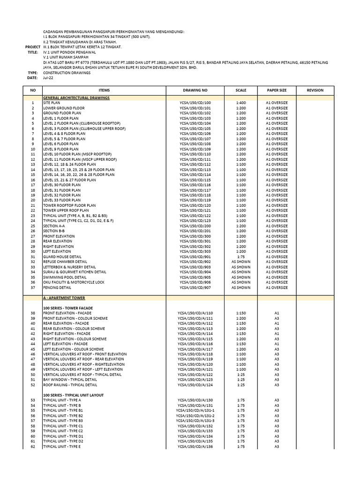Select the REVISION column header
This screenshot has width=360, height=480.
[x=315, y=90]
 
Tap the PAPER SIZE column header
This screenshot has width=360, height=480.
[x=277, y=90]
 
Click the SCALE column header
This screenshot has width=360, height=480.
[x=240, y=90]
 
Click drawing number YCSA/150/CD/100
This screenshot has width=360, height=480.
[x=195, y=103]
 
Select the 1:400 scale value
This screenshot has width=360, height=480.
[x=240, y=103]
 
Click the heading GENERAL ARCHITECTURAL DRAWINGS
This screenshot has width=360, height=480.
[x=76, y=97]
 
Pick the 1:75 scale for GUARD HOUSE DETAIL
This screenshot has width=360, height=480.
[x=240, y=257]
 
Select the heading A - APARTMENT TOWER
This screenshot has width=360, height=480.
[x=64, y=298]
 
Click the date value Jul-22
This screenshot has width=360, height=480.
[x=48, y=78]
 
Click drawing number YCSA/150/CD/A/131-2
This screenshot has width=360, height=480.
[x=195, y=416]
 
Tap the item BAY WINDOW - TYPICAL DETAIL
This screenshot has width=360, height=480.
[x=70, y=380]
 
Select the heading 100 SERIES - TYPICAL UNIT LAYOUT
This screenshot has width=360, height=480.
[x=73, y=395]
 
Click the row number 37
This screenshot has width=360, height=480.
[x=33, y=288]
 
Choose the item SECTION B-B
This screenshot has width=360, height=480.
[x=54, y=231]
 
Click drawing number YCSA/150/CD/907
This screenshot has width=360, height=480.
[x=195, y=288]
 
